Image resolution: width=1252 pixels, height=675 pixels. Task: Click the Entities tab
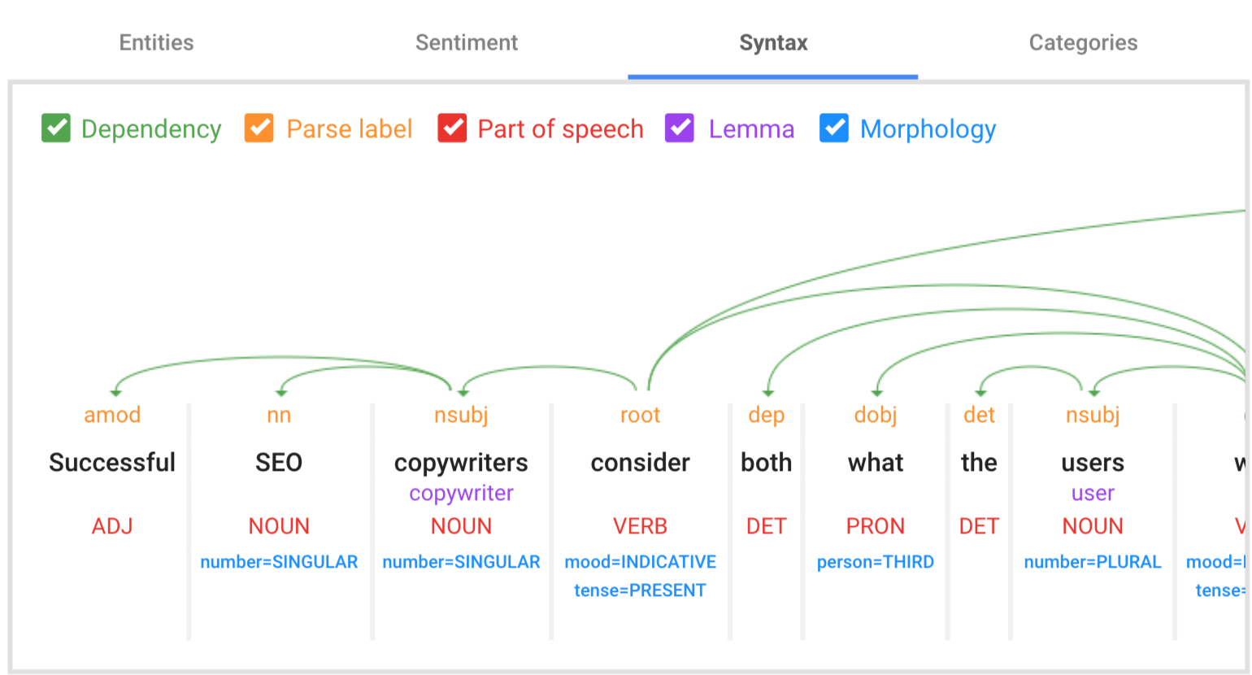[156, 43]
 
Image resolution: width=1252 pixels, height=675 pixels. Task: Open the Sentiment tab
[466, 43]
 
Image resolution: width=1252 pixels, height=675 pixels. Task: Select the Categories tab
[1083, 43]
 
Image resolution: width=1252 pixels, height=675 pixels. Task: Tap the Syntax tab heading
[773, 43]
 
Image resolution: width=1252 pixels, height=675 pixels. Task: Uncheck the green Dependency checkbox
[56, 128]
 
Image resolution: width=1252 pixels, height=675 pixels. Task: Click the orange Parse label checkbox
[259, 128]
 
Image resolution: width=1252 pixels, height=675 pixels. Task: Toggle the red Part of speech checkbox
[452, 128]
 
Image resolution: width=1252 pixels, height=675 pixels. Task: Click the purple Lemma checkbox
[680, 128]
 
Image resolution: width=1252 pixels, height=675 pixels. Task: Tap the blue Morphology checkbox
[834, 128]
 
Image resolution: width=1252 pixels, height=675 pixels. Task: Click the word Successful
[112, 463]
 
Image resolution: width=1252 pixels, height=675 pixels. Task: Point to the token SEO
[279, 463]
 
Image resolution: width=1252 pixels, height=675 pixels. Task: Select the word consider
[640, 463]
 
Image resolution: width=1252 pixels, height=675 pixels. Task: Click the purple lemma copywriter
[461, 494]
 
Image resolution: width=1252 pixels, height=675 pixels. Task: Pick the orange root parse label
[640, 416]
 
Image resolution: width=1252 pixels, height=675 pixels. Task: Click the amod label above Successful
[112, 416]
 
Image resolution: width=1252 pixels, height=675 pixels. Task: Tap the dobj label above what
[876, 416]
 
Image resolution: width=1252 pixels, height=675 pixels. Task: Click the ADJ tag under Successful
[112, 526]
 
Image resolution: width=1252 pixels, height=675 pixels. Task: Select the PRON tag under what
[876, 526]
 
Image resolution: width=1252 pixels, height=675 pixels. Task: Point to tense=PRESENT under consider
[640, 590]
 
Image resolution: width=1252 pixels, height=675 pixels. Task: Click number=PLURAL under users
[1093, 562]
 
